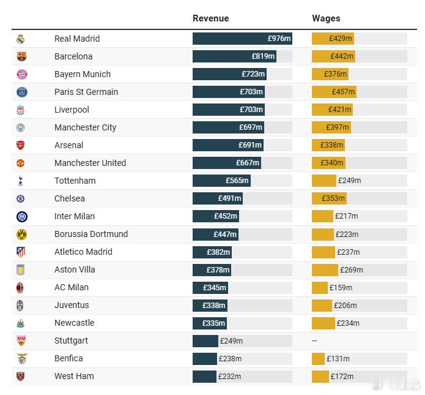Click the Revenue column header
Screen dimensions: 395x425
coord(210,18)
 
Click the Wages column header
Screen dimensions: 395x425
coord(326,18)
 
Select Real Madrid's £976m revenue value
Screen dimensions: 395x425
coord(279,39)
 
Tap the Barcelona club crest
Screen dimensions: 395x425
coord(21,56)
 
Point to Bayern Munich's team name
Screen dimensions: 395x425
coord(83,74)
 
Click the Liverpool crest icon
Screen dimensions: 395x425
coord(21,110)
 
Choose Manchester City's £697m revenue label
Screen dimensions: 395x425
coord(251,127)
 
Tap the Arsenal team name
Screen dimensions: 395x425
coord(68,145)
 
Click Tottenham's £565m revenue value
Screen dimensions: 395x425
coord(237,181)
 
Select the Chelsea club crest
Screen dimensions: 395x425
coord(21,198)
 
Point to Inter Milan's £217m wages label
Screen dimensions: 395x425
coord(346,216)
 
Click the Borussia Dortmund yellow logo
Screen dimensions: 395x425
coord(21,234)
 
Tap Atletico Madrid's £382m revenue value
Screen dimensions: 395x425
coord(218,252)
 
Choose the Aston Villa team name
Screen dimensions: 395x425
coord(75,269)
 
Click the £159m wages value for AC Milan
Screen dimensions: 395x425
coord(341,287)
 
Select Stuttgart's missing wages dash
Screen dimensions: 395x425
coord(314,340)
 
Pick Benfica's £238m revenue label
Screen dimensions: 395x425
coord(231,359)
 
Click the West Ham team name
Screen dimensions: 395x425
coord(74,376)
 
